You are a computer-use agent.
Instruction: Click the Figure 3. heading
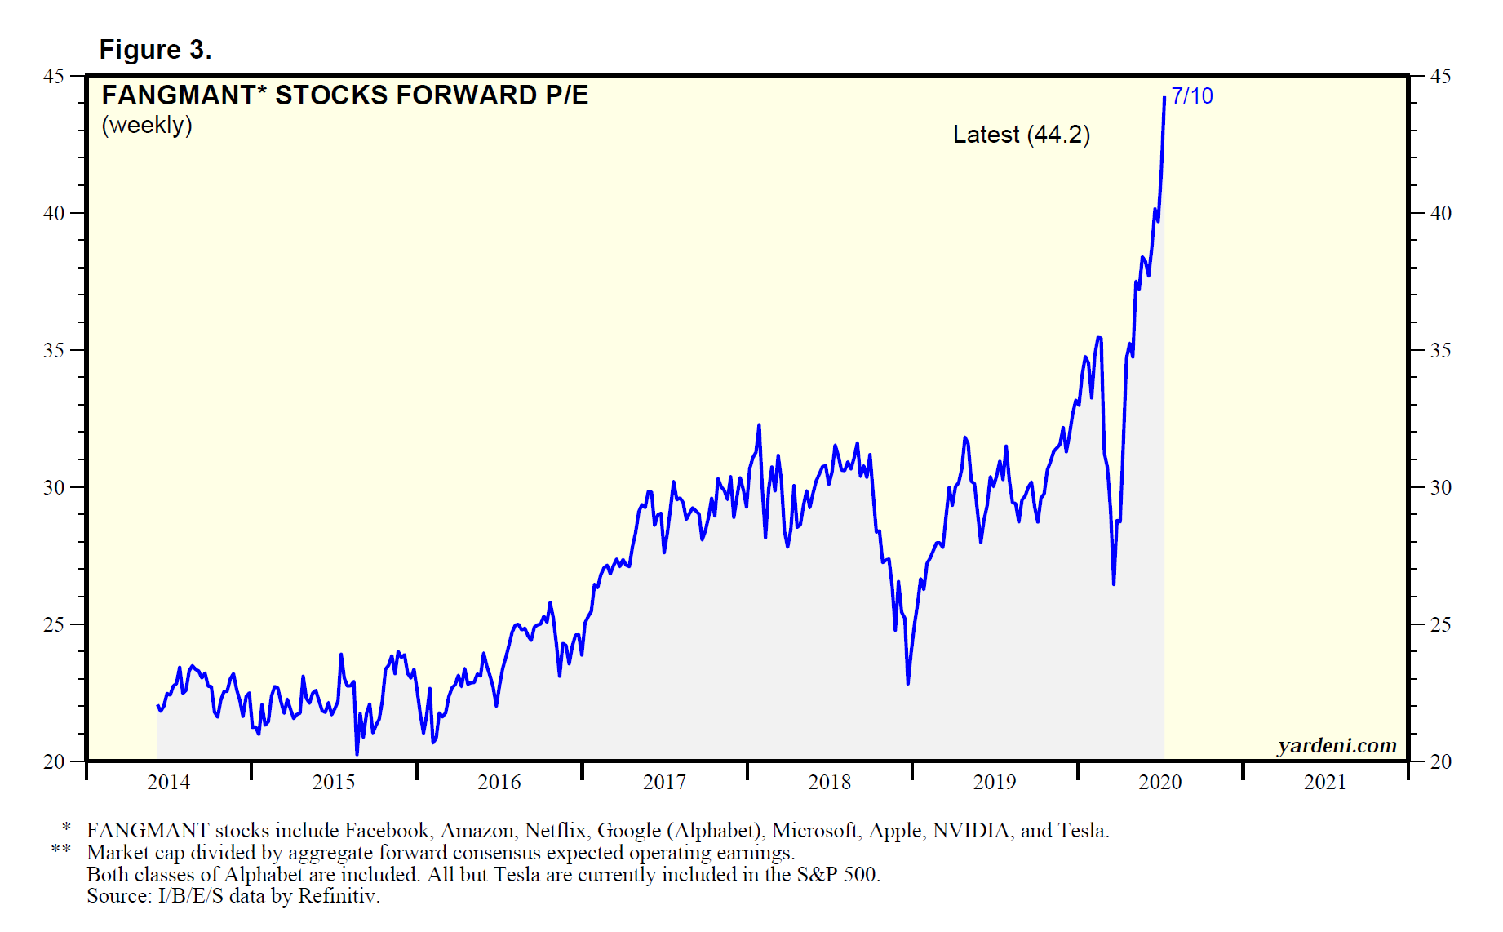(155, 50)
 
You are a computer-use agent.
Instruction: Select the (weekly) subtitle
(147, 125)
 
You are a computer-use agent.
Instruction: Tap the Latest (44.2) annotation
(1021, 135)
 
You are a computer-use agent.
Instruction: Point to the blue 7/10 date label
(1192, 96)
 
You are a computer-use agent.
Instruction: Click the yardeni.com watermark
(1337, 745)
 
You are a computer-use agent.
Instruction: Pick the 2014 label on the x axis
(168, 782)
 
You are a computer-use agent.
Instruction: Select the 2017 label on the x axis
(664, 782)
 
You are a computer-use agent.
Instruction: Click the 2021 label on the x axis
(1325, 782)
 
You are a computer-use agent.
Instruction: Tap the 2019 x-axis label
(995, 782)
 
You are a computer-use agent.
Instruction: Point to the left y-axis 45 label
(54, 76)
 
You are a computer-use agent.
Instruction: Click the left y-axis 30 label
(54, 487)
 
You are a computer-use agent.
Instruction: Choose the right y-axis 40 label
(1441, 213)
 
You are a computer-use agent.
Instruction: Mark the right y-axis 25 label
(1441, 624)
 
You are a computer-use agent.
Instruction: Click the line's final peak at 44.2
(1164, 98)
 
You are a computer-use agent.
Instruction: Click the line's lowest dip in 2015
(357, 753)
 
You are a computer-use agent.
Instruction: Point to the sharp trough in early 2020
(1114, 584)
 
